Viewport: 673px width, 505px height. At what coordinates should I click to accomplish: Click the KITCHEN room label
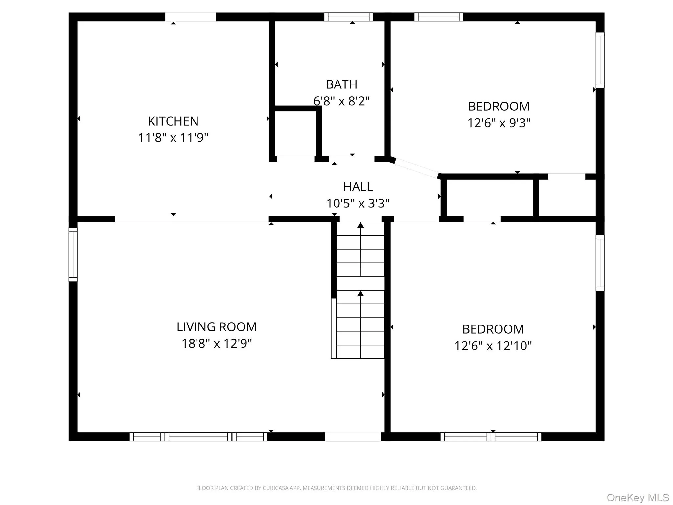[173, 121]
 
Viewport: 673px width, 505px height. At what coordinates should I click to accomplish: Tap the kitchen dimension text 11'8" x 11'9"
[173, 137]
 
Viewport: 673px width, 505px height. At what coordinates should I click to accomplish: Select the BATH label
[341, 84]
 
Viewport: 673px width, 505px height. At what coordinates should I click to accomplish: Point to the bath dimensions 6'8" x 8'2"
[341, 101]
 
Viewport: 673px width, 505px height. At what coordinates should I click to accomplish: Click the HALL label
[358, 187]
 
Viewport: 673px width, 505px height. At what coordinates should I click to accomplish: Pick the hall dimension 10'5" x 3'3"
[358, 204]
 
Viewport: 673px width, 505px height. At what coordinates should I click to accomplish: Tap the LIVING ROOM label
[217, 327]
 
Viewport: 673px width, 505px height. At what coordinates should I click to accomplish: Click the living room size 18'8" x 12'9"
[217, 344]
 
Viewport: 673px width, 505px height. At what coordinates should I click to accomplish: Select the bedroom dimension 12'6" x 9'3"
[499, 123]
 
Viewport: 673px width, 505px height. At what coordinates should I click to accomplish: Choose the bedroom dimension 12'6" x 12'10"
[493, 346]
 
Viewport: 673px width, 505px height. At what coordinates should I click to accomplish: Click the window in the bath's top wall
[349, 17]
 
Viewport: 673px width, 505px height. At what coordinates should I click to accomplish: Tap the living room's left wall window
[73, 254]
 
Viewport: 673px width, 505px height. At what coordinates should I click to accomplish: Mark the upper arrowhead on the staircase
[360, 225]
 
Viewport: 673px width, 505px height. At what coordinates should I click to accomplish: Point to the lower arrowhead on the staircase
[360, 293]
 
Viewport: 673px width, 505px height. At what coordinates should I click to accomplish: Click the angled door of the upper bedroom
[416, 168]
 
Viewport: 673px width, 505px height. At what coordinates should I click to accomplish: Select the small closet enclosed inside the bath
[295, 133]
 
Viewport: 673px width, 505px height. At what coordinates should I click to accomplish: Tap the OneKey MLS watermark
[638, 498]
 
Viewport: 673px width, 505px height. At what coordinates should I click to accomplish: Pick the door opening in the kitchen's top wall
[191, 17]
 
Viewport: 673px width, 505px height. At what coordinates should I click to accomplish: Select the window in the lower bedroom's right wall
[600, 263]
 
